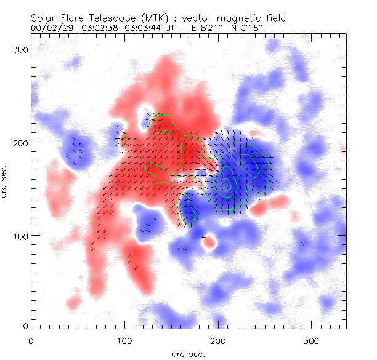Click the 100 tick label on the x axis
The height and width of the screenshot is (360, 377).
(x=124, y=340)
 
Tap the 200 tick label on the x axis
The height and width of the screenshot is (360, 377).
(x=218, y=340)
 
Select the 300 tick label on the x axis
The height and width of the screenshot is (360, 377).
(x=312, y=340)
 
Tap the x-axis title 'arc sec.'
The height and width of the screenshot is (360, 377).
(x=188, y=354)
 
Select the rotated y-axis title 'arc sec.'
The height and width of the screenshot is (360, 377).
(x=5, y=181)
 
